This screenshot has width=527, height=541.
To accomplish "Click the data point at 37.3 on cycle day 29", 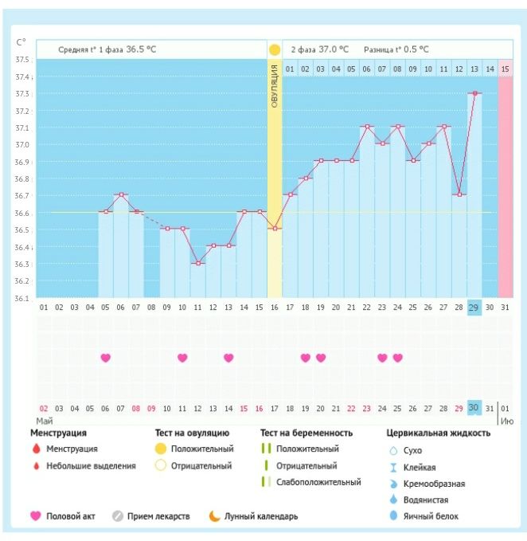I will coord(474,93).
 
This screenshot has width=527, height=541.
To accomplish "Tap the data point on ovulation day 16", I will coord(275,229).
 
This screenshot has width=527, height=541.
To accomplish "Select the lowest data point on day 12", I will coord(197,263).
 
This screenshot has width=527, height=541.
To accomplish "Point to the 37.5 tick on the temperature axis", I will coord(22,61).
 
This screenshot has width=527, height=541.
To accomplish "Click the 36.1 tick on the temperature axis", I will coord(22,298).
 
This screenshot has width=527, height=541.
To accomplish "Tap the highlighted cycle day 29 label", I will coord(474,308).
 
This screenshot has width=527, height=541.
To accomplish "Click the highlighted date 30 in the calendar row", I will coord(474,408).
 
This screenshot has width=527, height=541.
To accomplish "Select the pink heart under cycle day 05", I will coord(105,358).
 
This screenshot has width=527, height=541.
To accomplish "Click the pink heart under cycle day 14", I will coord(228,358).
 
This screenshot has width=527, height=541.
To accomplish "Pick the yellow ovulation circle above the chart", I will coord(275,49).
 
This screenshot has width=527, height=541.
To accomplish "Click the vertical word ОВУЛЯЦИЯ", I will coord(275,88).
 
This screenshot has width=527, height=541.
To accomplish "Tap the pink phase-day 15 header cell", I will coord(506,69).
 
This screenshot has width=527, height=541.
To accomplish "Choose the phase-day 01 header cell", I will coord(290,69).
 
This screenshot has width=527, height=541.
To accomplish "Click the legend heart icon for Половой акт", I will coord(36,516).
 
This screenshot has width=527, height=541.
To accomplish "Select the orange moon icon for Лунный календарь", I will coord(214,516).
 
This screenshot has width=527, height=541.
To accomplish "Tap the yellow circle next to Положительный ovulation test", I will coord(161,449).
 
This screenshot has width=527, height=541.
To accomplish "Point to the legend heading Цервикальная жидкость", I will coord(438,433).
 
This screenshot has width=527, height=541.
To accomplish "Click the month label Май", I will coord(45,419).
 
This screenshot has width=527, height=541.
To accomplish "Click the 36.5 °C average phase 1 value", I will coord(139,49).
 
